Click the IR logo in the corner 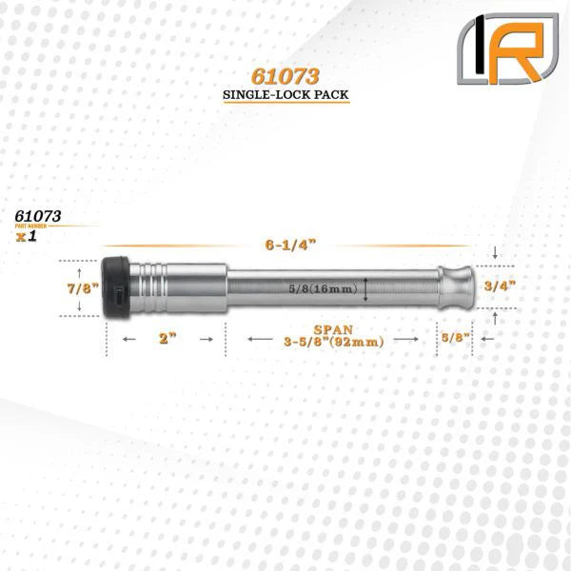pos(506,49)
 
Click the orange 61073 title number pos(285,76)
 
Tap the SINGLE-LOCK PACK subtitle pos(285,95)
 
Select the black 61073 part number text pos(38,216)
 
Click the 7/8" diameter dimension pos(78,285)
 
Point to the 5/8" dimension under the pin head pos(455,337)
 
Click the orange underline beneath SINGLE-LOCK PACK pos(285,104)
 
